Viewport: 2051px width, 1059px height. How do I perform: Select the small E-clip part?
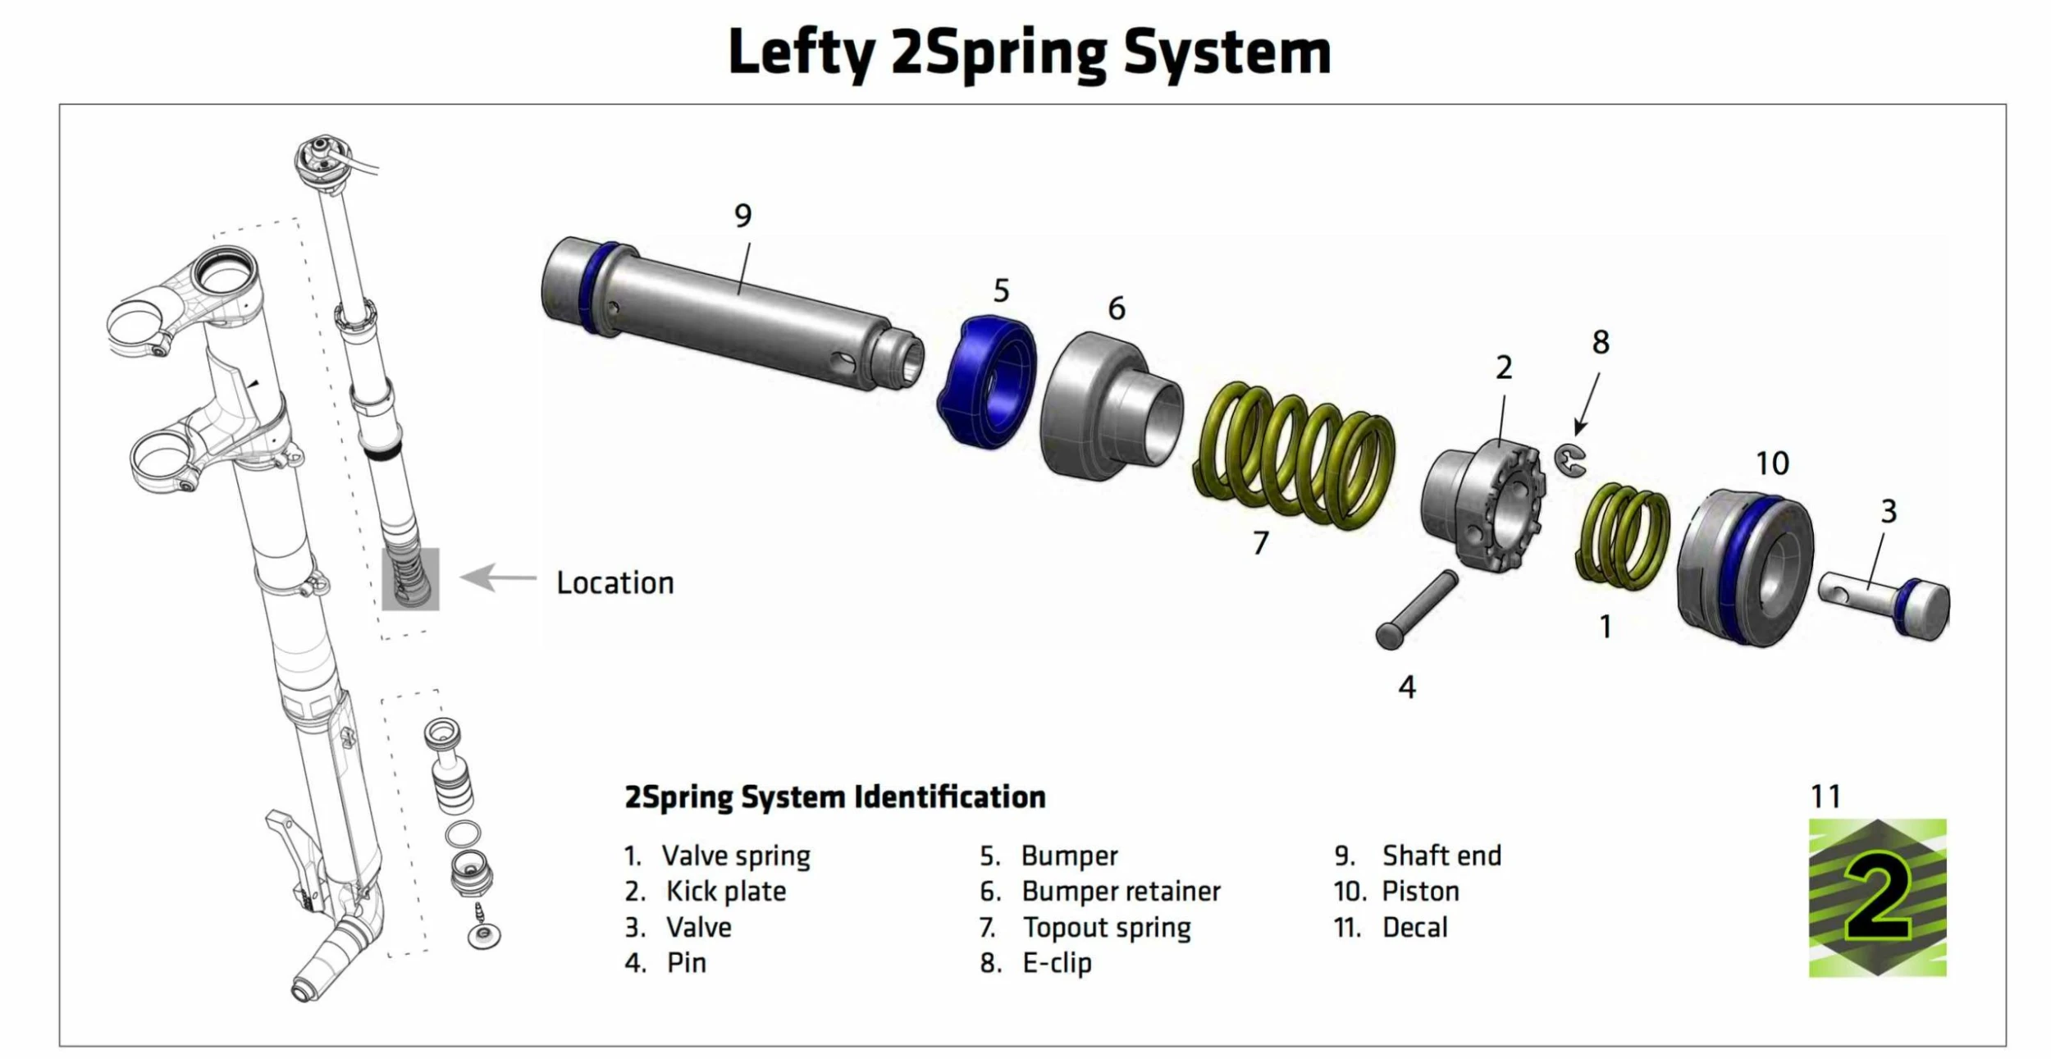1569,459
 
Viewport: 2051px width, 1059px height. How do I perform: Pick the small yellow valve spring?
1623,536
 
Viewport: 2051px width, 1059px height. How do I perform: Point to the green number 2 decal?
1877,897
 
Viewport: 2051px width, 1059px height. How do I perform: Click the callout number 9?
742,216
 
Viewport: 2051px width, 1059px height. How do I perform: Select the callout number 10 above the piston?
1772,464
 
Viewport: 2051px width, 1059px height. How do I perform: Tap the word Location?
614,583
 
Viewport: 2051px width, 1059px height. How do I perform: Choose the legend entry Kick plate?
726,892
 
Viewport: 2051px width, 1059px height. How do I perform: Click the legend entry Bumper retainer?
1121,892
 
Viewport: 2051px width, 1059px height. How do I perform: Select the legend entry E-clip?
1057,963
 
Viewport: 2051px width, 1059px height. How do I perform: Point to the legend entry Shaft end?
1441,856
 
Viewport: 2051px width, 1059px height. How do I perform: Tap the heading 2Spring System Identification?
834,797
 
